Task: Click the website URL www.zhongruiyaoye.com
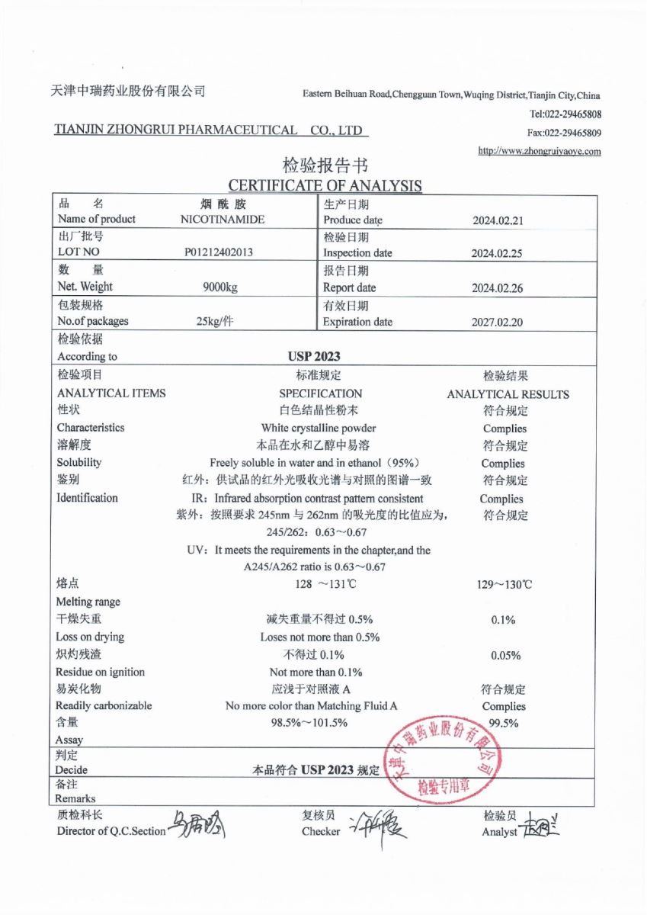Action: [540, 151]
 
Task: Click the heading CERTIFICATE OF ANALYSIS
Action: [325, 185]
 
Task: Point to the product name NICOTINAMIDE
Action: [223, 220]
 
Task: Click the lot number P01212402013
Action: [219, 252]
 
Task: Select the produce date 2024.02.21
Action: [497, 221]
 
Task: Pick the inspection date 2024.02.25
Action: [497, 254]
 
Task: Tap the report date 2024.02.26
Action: [497, 289]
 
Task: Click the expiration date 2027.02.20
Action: [497, 323]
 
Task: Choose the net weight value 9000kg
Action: [220, 287]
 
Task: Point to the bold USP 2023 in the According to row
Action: [314, 356]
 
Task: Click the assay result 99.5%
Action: [503, 724]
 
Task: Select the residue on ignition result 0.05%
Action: [505, 655]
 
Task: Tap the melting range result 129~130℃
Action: [504, 585]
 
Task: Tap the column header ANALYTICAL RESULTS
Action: [508, 394]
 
